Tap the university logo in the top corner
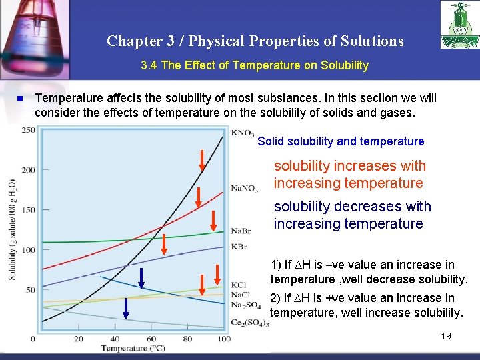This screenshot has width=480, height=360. (x=459, y=25)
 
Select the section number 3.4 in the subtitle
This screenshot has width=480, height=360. (x=150, y=65)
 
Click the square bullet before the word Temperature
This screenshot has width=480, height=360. (x=20, y=99)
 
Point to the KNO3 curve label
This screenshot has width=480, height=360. (x=243, y=133)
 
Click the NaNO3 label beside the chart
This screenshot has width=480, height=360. (x=245, y=188)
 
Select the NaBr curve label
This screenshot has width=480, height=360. (x=241, y=231)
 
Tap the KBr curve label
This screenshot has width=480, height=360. (x=239, y=247)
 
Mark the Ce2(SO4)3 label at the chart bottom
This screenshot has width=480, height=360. (x=249, y=323)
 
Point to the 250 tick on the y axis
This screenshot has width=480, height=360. (x=29, y=130)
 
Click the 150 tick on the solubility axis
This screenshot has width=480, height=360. (x=29, y=210)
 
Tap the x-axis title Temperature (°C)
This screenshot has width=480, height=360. (x=133, y=348)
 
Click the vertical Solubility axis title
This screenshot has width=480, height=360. (x=12, y=230)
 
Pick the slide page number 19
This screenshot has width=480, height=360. (x=446, y=336)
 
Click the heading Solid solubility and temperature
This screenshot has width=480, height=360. (x=341, y=141)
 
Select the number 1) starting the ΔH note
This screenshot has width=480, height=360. (x=275, y=265)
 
